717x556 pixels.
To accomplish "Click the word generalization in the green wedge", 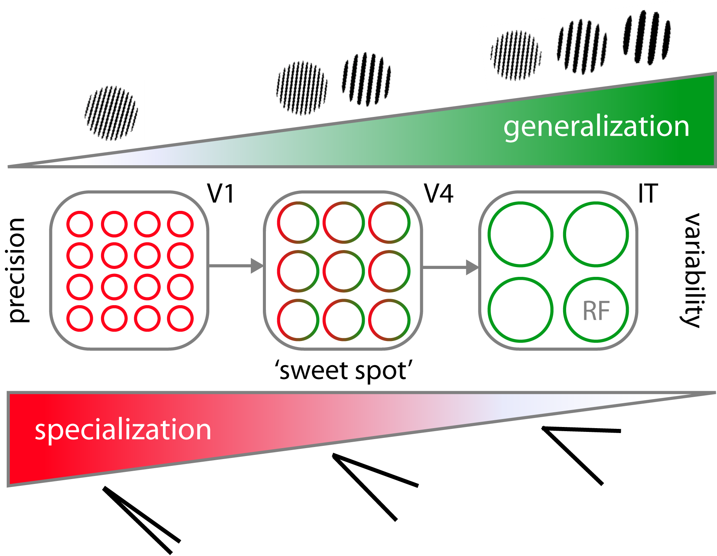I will [596, 127].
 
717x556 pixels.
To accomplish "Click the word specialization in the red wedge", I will [123, 430].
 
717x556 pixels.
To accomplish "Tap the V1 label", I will [221, 194].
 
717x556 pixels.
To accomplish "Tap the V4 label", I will [439, 194].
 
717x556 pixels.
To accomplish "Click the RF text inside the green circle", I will [596, 311].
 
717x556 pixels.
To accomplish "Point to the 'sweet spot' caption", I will [344, 371].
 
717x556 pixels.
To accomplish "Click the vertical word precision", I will [17, 270].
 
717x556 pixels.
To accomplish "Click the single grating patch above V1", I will [111, 113].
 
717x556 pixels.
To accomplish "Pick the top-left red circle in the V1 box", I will [80, 224].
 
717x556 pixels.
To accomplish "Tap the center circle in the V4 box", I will [344, 272].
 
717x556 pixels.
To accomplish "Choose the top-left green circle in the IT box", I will [520, 235].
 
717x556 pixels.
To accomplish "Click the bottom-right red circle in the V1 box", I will [181, 319].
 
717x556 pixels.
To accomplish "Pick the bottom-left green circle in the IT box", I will [520, 310].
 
